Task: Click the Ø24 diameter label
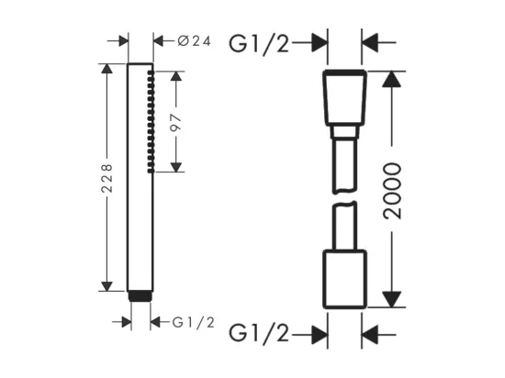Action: click(195, 41)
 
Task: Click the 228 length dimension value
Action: click(107, 178)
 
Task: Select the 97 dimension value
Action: click(176, 123)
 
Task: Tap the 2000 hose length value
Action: click(393, 191)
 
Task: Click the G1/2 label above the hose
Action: click(259, 43)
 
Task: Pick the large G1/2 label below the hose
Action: click(259, 333)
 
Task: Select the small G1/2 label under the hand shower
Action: click(193, 322)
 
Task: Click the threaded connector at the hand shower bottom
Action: click(140, 296)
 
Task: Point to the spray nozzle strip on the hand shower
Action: click(151, 122)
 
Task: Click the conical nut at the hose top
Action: click(344, 98)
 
